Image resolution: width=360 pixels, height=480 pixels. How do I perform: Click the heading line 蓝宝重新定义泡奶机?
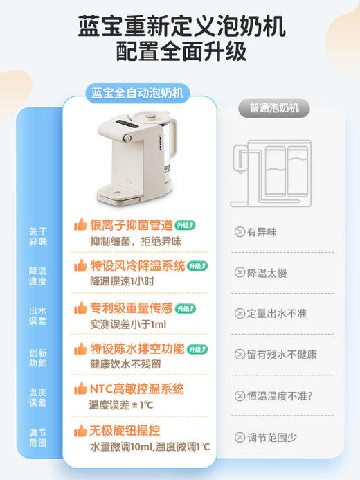click(x=180, y=28)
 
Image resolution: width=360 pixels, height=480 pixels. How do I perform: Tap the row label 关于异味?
click(x=37, y=236)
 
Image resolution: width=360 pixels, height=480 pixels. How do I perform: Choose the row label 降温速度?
click(x=37, y=276)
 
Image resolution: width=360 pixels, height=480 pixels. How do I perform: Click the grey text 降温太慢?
click(x=267, y=272)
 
